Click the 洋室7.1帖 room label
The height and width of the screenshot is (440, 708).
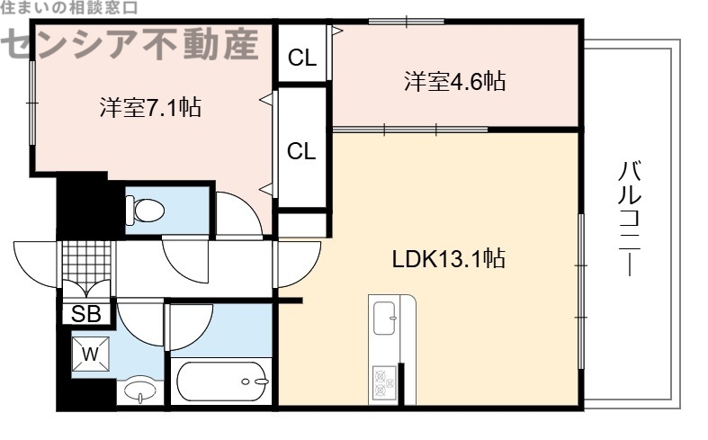(149, 108)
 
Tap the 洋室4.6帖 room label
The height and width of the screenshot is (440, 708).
(453, 82)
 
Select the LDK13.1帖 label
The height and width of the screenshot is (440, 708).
(447, 260)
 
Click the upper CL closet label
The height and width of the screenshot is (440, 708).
(302, 59)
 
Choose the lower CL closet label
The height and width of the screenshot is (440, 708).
(302, 151)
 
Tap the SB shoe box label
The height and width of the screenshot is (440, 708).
(85, 314)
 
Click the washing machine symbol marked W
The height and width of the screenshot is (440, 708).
(91, 354)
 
